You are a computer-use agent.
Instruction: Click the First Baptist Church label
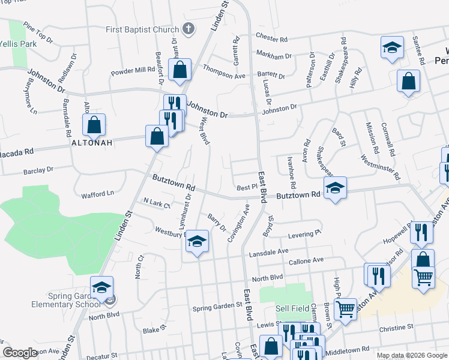(x=142, y=29)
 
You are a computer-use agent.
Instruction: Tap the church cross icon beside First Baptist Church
(x=188, y=29)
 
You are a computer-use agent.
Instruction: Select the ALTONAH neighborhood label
(x=91, y=144)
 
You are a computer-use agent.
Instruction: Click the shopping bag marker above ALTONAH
(x=94, y=126)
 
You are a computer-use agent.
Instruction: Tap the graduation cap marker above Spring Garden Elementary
(x=101, y=287)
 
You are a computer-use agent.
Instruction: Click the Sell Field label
(x=292, y=308)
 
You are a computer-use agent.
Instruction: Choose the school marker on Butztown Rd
(x=335, y=188)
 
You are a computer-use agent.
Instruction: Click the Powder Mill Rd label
(x=133, y=70)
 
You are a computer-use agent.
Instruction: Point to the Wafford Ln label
(x=97, y=193)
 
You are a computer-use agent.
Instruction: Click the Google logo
(x=20, y=352)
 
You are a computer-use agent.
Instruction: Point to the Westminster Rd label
(x=381, y=168)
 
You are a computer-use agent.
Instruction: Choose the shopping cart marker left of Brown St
(x=345, y=310)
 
